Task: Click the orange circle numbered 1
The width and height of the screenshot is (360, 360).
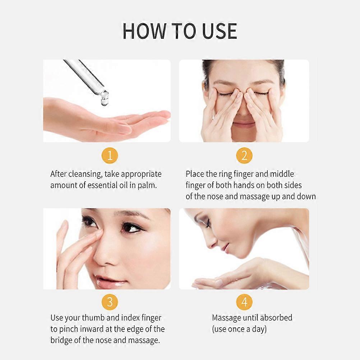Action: pyautogui.click(x=110, y=156)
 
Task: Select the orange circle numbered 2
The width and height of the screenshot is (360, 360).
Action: pyautogui.click(x=244, y=156)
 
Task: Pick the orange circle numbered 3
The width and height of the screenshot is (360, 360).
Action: pyautogui.click(x=110, y=302)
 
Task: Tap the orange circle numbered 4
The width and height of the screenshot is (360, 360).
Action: pyautogui.click(x=244, y=302)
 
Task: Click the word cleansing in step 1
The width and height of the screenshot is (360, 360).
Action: pyautogui.click(x=85, y=174)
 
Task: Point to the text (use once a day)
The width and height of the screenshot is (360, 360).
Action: pyautogui.click(x=239, y=329)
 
